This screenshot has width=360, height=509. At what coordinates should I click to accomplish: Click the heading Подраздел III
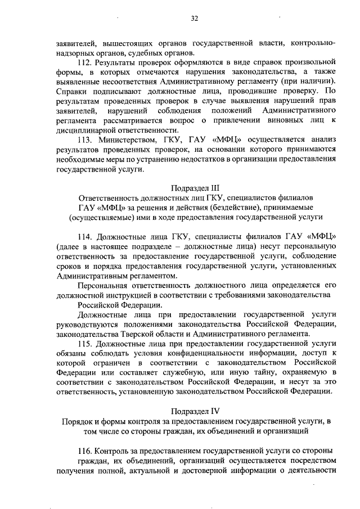click(x=195, y=188)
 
